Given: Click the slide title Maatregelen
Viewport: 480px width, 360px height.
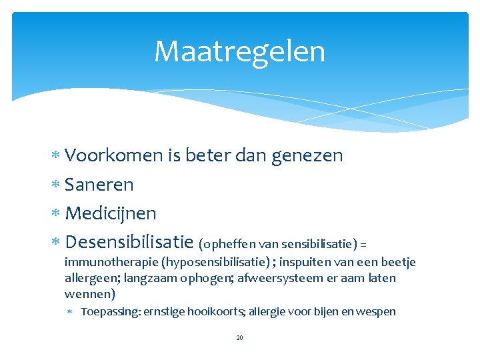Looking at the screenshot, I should (239, 51).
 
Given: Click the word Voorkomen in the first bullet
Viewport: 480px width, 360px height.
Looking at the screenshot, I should (114, 156).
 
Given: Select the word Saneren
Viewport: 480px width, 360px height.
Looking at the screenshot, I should (99, 185).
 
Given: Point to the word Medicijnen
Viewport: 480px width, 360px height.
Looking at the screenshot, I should (111, 214).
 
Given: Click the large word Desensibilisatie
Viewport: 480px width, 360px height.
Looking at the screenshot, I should (129, 242).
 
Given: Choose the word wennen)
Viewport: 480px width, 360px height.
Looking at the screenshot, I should (90, 294).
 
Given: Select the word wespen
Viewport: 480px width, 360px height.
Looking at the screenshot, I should (377, 311).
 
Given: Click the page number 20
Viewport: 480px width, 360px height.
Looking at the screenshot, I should (240, 338).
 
